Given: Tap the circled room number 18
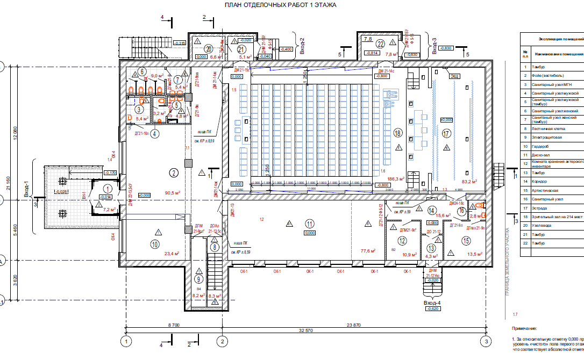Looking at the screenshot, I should (398, 133).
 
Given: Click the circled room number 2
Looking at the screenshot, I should (174, 172).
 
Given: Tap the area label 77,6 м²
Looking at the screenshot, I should (368, 250).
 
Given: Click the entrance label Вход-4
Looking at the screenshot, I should (433, 303).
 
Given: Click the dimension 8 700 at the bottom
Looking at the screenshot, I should (173, 325).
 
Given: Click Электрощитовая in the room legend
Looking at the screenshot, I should (546, 137).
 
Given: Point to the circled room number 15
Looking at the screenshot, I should (466, 241).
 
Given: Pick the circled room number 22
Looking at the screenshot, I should (380, 45).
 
